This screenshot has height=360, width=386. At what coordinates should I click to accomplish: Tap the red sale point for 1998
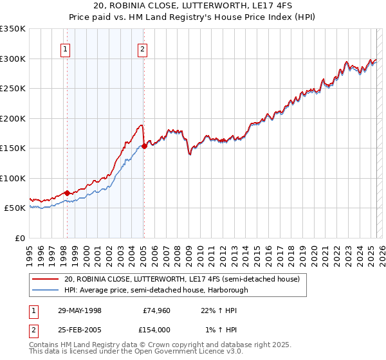coord(67,193)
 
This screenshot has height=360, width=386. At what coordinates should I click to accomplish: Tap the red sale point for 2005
coord(144,146)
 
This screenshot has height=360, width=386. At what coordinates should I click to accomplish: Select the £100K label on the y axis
coord(13,178)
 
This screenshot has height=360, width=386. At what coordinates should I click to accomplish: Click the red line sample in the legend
coord(46,279)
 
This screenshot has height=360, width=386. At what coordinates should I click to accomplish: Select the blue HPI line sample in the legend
coord(46,290)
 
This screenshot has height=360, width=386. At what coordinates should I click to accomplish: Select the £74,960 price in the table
coord(155,310)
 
